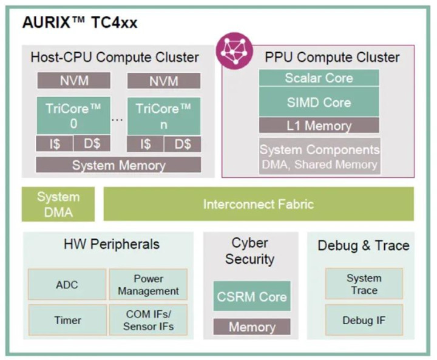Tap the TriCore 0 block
click(73, 115)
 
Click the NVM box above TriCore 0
click(73, 81)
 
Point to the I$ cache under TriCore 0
click(55, 144)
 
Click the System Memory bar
click(118, 165)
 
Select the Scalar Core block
click(319, 78)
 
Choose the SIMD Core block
click(319, 102)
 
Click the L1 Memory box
click(319, 126)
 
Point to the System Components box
click(319, 157)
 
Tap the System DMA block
click(58, 205)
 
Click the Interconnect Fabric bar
click(259, 205)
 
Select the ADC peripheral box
click(67, 284)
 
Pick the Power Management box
click(148, 284)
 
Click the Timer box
click(67, 319)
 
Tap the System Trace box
click(364, 284)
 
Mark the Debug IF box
click(364, 320)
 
